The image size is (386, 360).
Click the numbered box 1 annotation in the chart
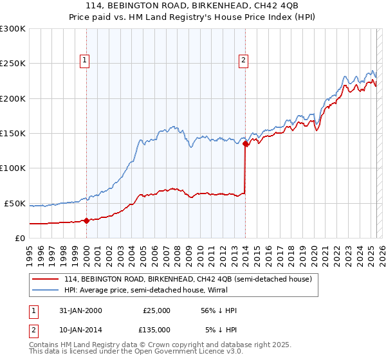[85, 61]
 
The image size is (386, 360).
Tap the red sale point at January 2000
[87, 221]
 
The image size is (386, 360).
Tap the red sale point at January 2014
[246, 144]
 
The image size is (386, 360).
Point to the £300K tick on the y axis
[13, 29]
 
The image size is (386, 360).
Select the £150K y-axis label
[13, 133]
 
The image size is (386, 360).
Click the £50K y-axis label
[15, 203]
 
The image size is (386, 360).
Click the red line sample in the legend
[46, 279]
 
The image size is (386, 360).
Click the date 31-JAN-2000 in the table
[79, 310]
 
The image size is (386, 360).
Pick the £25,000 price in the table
[157, 310]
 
